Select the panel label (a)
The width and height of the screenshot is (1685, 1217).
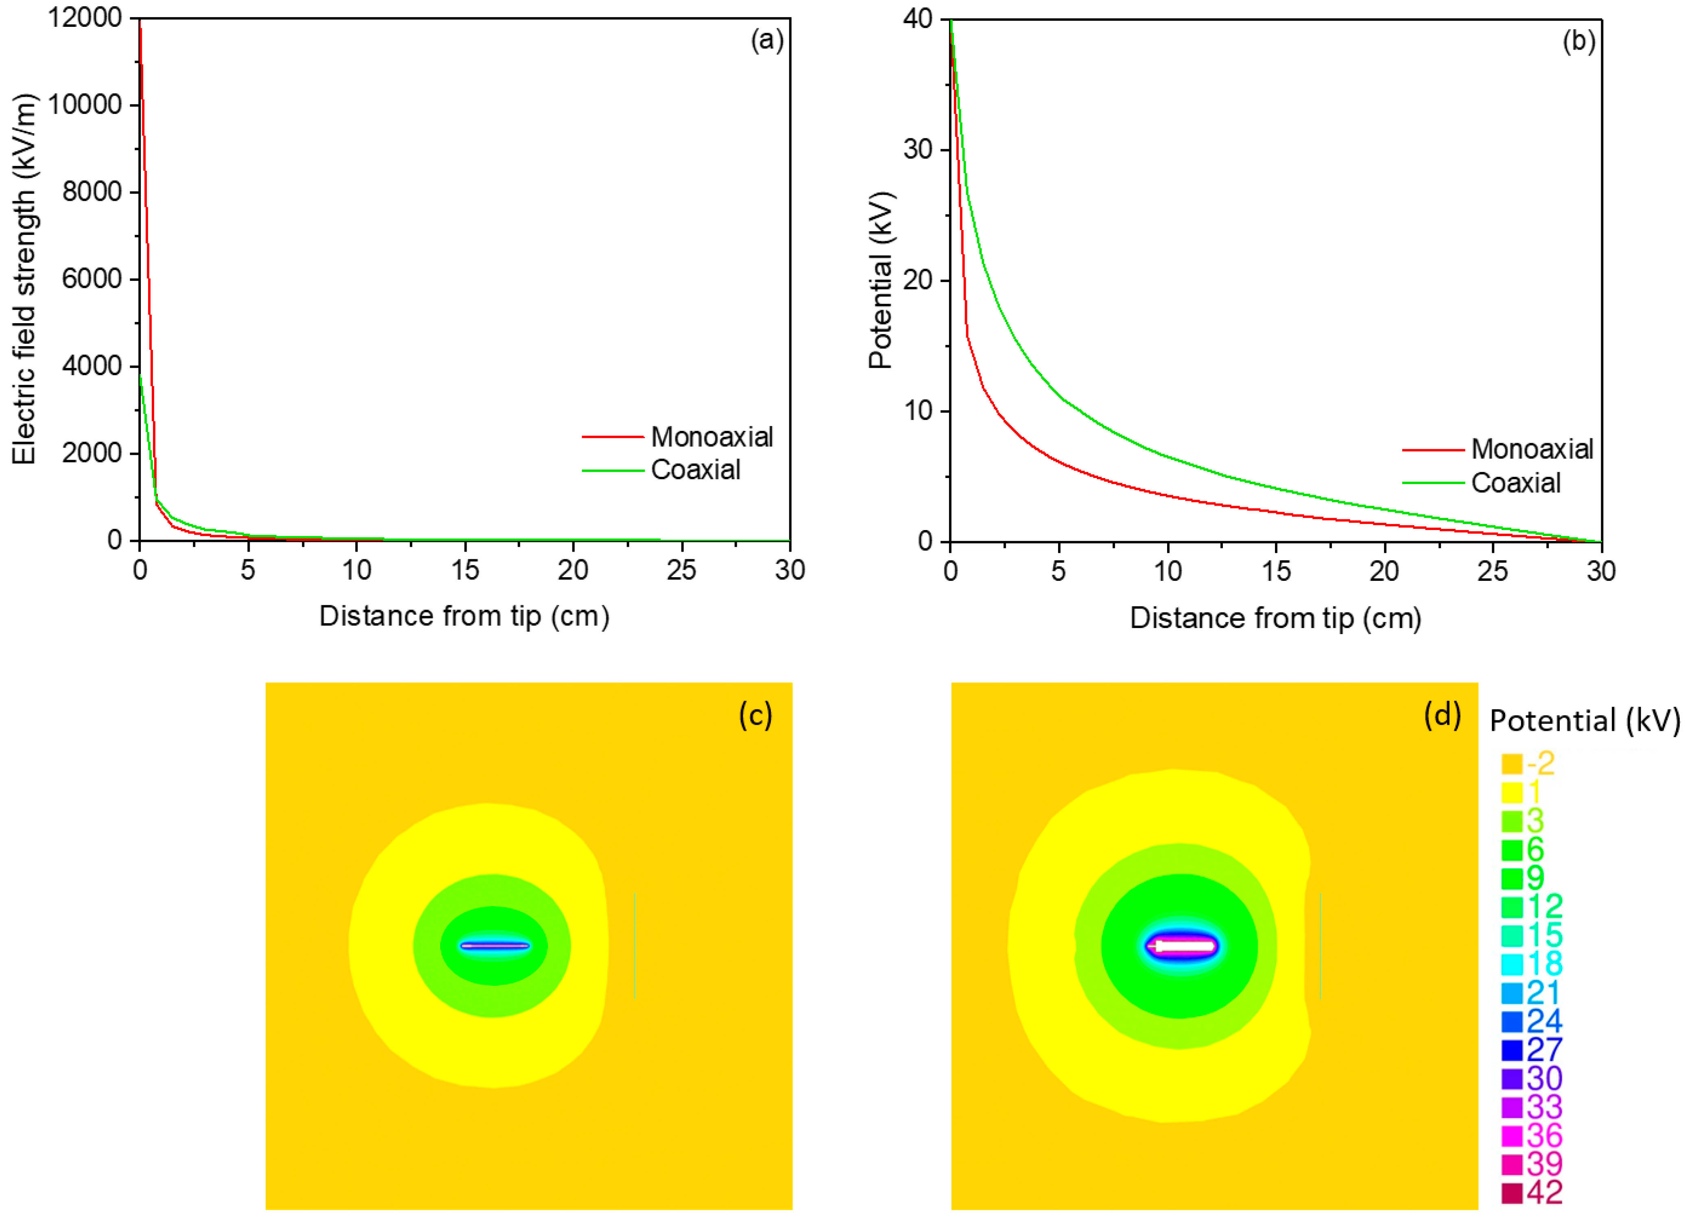pos(767,40)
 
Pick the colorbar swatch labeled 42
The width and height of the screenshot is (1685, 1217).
pos(1512,1193)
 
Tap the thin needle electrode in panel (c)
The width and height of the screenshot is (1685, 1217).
pos(495,946)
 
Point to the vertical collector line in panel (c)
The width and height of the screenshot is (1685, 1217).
pos(635,945)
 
